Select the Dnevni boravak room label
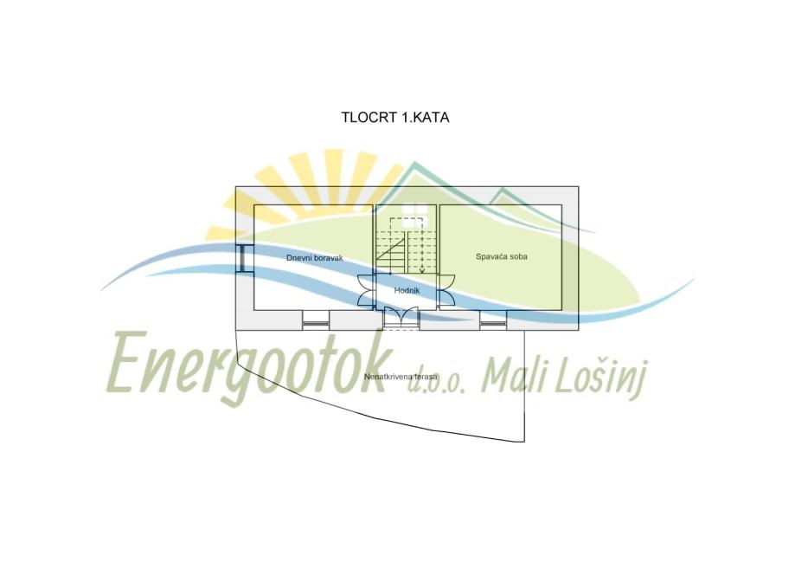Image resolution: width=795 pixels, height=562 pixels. click(x=316, y=258)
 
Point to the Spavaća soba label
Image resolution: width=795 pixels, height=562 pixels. click(x=502, y=257)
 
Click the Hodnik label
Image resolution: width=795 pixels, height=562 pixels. click(x=407, y=291)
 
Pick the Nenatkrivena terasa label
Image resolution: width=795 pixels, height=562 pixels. click(x=401, y=378)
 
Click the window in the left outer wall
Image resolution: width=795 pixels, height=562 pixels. click(x=245, y=258)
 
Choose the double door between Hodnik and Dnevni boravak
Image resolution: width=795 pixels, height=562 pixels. click(x=366, y=290)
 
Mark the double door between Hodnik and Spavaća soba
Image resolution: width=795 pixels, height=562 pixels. click(x=446, y=290)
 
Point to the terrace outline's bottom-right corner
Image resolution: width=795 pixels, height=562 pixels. click(x=524, y=442)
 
